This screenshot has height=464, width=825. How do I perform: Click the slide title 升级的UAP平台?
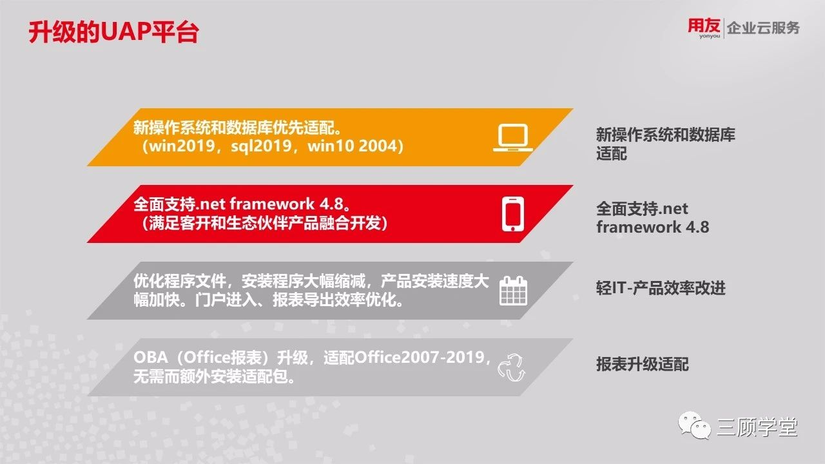[x=114, y=32]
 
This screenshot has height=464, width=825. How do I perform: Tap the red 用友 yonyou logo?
[x=704, y=28]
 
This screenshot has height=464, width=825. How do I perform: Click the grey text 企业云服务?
[x=763, y=28]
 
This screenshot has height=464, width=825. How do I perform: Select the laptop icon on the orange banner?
[x=513, y=138]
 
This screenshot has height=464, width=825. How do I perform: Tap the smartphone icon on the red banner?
[x=512, y=214]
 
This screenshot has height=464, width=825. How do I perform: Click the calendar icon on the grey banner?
[x=514, y=291]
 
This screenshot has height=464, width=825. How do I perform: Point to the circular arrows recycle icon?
[x=512, y=367]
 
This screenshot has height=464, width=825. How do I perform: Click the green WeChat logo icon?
[x=695, y=425]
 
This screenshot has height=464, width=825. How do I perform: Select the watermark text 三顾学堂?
[x=757, y=427]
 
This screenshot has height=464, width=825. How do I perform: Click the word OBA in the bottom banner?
[x=151, y=357]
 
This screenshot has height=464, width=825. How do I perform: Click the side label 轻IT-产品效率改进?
[x=661, y=288]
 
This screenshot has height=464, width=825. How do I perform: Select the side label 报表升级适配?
[x=643, y=364]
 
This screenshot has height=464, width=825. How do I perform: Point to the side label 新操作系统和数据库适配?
[x=666, y=144]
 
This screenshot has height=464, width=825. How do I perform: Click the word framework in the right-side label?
[x=639, y=227]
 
